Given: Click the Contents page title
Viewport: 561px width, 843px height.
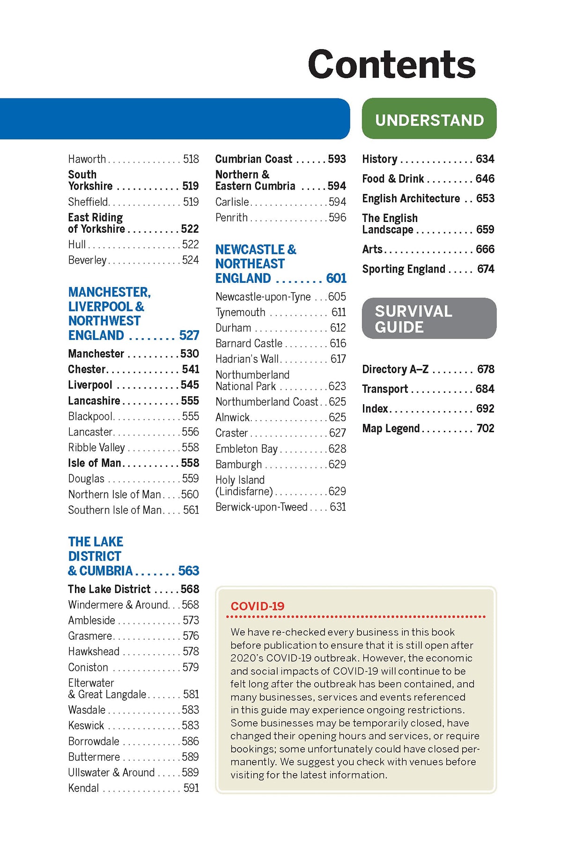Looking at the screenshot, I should (391, 65).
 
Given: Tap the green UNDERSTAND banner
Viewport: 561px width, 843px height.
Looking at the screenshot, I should (429, 120).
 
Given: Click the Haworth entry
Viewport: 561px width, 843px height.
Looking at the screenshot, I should (87, 159).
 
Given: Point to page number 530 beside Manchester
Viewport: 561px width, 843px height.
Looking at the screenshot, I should (190, 354).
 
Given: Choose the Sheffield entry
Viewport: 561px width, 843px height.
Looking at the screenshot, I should (89, 202).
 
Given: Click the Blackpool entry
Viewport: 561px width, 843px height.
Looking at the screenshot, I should (90, 416).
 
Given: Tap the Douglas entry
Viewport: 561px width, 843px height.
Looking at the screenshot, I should (86, 479).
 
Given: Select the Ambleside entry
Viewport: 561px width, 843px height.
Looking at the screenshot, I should (92, 621).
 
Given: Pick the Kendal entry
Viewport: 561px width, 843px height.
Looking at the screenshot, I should (84, 788).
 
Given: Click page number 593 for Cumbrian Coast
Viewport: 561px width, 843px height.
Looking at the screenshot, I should (337, 159).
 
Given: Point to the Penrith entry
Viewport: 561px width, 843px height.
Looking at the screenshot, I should (231, 218).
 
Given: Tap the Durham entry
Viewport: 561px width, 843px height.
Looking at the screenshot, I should (233, 328).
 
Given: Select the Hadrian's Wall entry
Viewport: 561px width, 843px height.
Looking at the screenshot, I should (247, 359).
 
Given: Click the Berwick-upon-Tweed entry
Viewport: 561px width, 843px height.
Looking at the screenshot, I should (261, 507).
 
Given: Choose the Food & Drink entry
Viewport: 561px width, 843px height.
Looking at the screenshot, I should (393, 179).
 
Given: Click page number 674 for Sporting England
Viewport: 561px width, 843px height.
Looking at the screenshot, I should (486, 269).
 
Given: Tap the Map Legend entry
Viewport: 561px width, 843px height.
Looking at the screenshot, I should (391, 429).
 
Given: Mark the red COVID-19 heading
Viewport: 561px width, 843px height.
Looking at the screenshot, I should (258, 606).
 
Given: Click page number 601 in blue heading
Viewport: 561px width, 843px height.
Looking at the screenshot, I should (336, 279).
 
